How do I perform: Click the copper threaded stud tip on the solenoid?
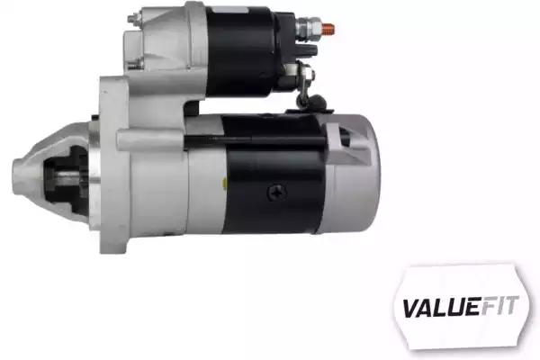[x=328, y=30]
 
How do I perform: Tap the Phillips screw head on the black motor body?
[x=277, y=193]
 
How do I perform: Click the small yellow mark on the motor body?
[x=224, y=183]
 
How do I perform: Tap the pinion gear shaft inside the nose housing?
[x=66, y=177]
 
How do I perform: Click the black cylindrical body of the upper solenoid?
[x=240, y=51]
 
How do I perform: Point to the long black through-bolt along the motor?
[x=255, y=139]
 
